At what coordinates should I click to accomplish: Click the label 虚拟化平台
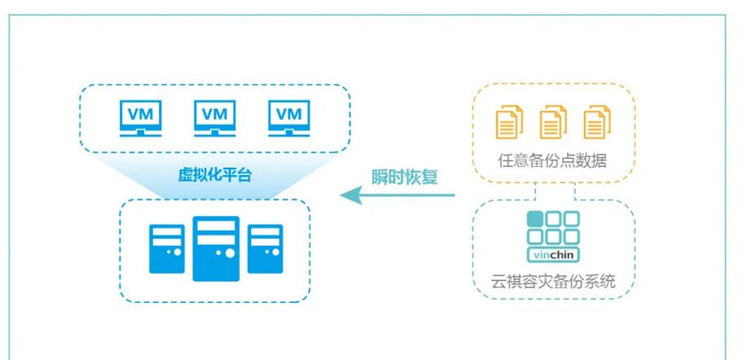pyautogui.click(x=215, y=173)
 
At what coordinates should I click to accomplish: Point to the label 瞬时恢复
pyautogui.click(x=405, y=177)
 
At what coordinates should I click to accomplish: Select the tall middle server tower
pyautogui.click(x=216, y=248)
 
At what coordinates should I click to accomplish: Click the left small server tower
pyautogui.click(x=167, y=248)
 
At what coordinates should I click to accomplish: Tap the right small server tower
pyautogui.click(x=265, y=248)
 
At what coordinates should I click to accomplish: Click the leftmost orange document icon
pyautogui.click(x=507, y=122)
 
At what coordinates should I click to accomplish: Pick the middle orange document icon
pyautogui.click(x=553, y=122)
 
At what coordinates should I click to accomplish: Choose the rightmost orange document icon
pyautogui.click(x=597, y=122)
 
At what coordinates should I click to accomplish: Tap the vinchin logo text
pyautogui.click(x=553, y=255)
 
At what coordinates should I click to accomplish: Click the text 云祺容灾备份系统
pyautogui.click(x=554, y=283)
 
